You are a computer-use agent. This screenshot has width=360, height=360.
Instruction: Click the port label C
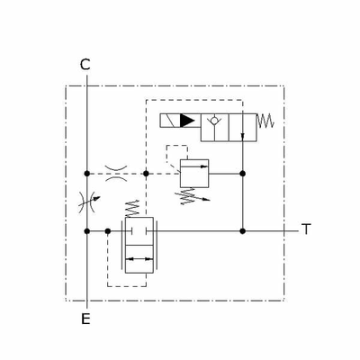pos(85,64)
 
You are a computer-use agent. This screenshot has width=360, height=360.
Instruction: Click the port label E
pos(85,318)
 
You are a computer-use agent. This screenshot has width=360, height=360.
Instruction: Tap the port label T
pos(306,229)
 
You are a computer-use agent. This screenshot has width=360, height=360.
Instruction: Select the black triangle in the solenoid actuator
pos(186,120)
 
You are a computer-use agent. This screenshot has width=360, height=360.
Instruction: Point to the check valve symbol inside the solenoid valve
pos(214,120)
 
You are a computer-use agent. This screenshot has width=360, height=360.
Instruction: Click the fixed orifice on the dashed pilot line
pos(116,172)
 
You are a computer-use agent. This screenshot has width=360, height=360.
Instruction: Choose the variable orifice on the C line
pos(85,201)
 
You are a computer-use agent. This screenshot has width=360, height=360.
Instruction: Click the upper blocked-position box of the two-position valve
pos(139,231)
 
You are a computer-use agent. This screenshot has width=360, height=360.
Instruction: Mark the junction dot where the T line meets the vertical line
pos(243,230)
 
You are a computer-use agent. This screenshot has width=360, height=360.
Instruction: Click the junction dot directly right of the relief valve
pos(243,172)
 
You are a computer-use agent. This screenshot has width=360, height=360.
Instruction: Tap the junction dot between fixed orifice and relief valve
pos(147,172)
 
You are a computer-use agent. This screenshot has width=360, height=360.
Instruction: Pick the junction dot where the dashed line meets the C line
pos(85,172)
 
